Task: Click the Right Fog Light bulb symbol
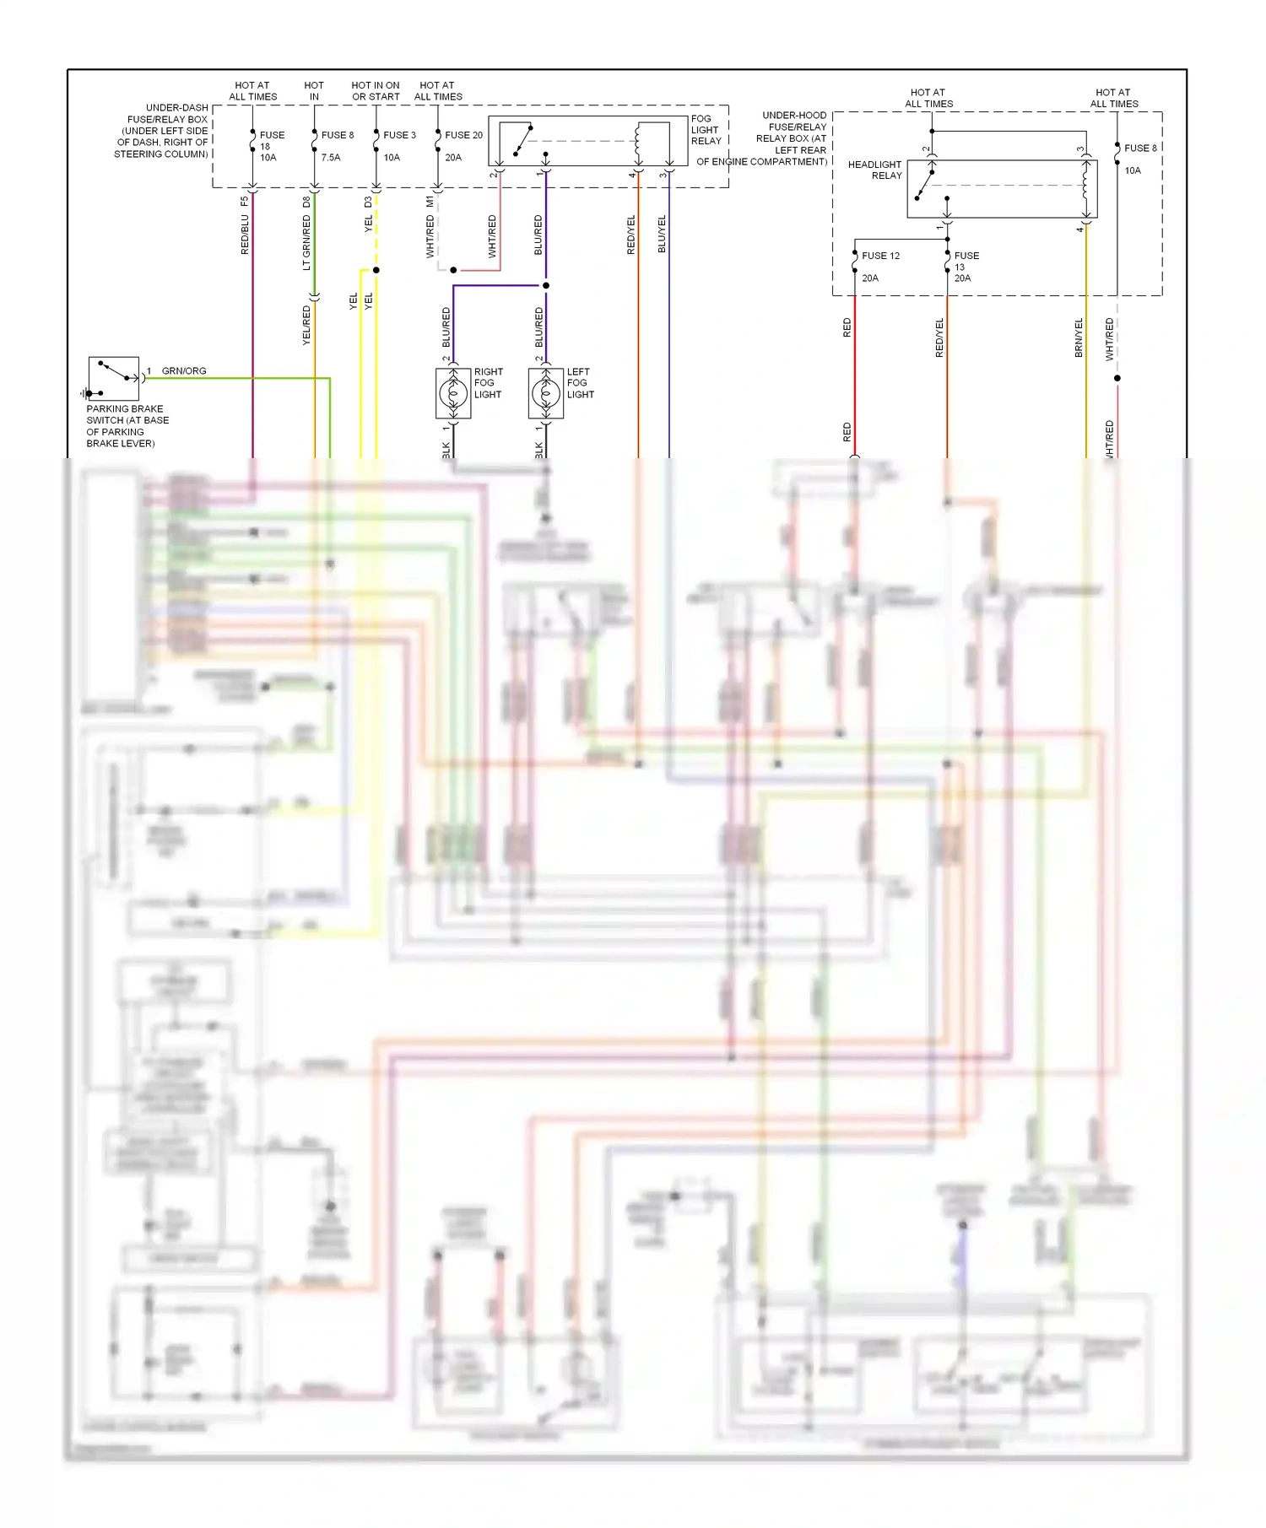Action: tap(453, 392)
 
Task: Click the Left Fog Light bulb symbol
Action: tap(546, 392)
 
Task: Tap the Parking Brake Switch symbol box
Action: tap(113, 379)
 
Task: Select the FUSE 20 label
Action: tap(463, 135)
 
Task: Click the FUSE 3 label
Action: tap(399, 135)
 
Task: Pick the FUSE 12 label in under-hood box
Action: tap(880, 256)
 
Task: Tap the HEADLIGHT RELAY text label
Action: tap(875, 170)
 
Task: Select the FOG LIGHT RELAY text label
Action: tap(706, 130)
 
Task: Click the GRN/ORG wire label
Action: tap(184, 371)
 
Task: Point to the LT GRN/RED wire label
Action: tap(306, 242)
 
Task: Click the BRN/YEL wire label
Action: tap(1079, 337)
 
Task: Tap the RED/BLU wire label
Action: tap(245, 235)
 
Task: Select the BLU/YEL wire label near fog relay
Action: tap(662, 234)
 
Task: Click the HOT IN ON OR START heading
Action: tap(376, 91)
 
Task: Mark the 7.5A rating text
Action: tap(331, 158)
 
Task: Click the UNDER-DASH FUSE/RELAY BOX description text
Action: tap(162, 131)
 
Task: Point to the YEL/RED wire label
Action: tap(306, 325)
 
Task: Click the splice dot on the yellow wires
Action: tap(376, 270)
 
